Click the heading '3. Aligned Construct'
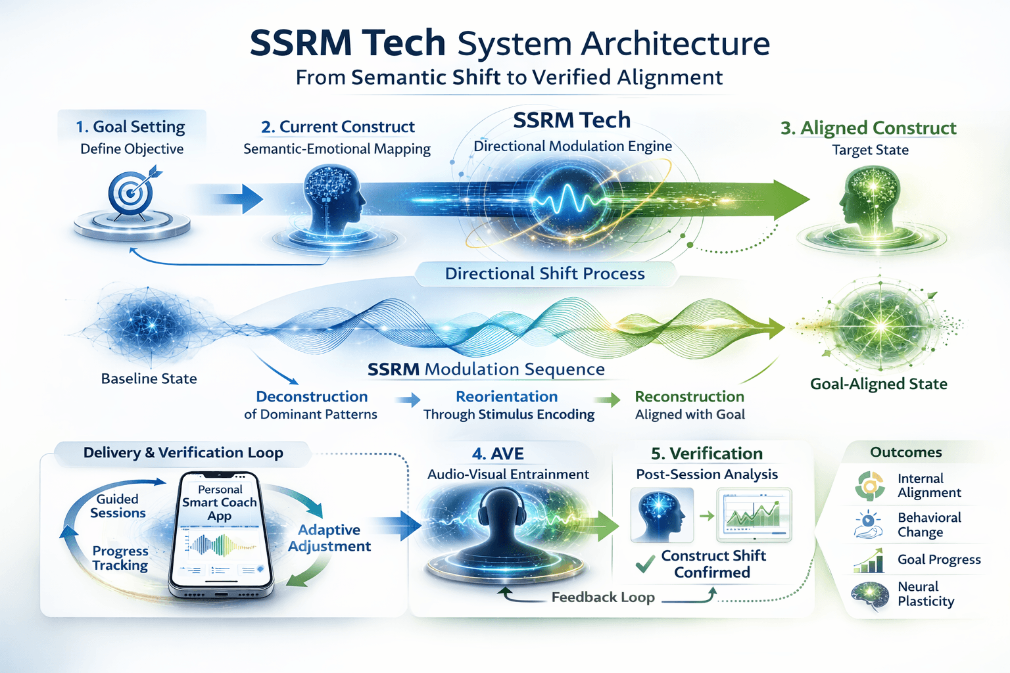(868, 128)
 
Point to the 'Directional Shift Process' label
(544, 273)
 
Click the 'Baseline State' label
(149, 379)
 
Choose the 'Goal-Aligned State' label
(878, 384)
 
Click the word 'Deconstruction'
(312, 397)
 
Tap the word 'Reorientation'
(506, 397)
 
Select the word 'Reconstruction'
(689, 397)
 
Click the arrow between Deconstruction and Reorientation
(408, 399)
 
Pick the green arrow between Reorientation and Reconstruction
(607, 399)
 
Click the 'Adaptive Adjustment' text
(329, 538)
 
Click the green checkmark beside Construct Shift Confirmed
(645, 563)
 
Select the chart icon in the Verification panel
(756, 515)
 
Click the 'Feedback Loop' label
(603, 597)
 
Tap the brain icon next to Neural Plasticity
(869, 595)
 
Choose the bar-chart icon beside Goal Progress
(868, 561)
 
